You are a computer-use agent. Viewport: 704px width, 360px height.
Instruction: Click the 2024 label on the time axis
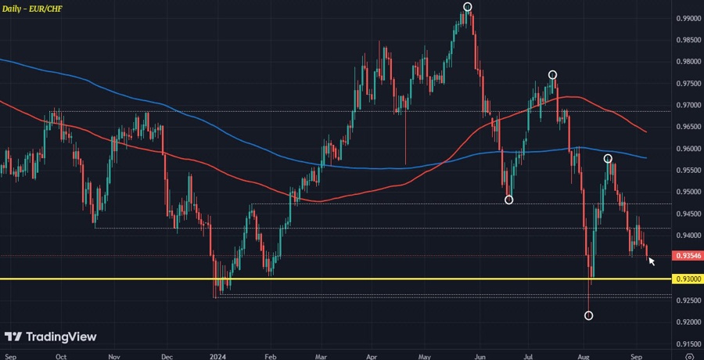coord(217,355)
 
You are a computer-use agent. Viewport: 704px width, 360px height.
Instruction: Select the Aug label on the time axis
coord(583,355)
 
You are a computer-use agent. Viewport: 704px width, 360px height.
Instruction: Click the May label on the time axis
coord(425,355)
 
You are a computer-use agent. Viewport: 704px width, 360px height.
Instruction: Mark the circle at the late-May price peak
coord(467,7)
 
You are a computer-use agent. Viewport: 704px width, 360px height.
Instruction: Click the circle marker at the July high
coord(552,75)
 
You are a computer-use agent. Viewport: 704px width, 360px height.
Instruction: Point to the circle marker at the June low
coord(508,200)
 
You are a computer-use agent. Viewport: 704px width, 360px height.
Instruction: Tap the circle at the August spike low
coord(588,315)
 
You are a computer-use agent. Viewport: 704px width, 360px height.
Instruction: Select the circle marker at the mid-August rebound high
coord(608,159)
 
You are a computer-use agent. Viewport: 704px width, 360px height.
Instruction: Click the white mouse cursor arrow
coord(652,261)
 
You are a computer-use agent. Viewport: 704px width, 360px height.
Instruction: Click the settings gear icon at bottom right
coord(688,355)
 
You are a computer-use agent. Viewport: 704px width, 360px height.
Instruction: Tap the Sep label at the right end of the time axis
coord(635,355)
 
